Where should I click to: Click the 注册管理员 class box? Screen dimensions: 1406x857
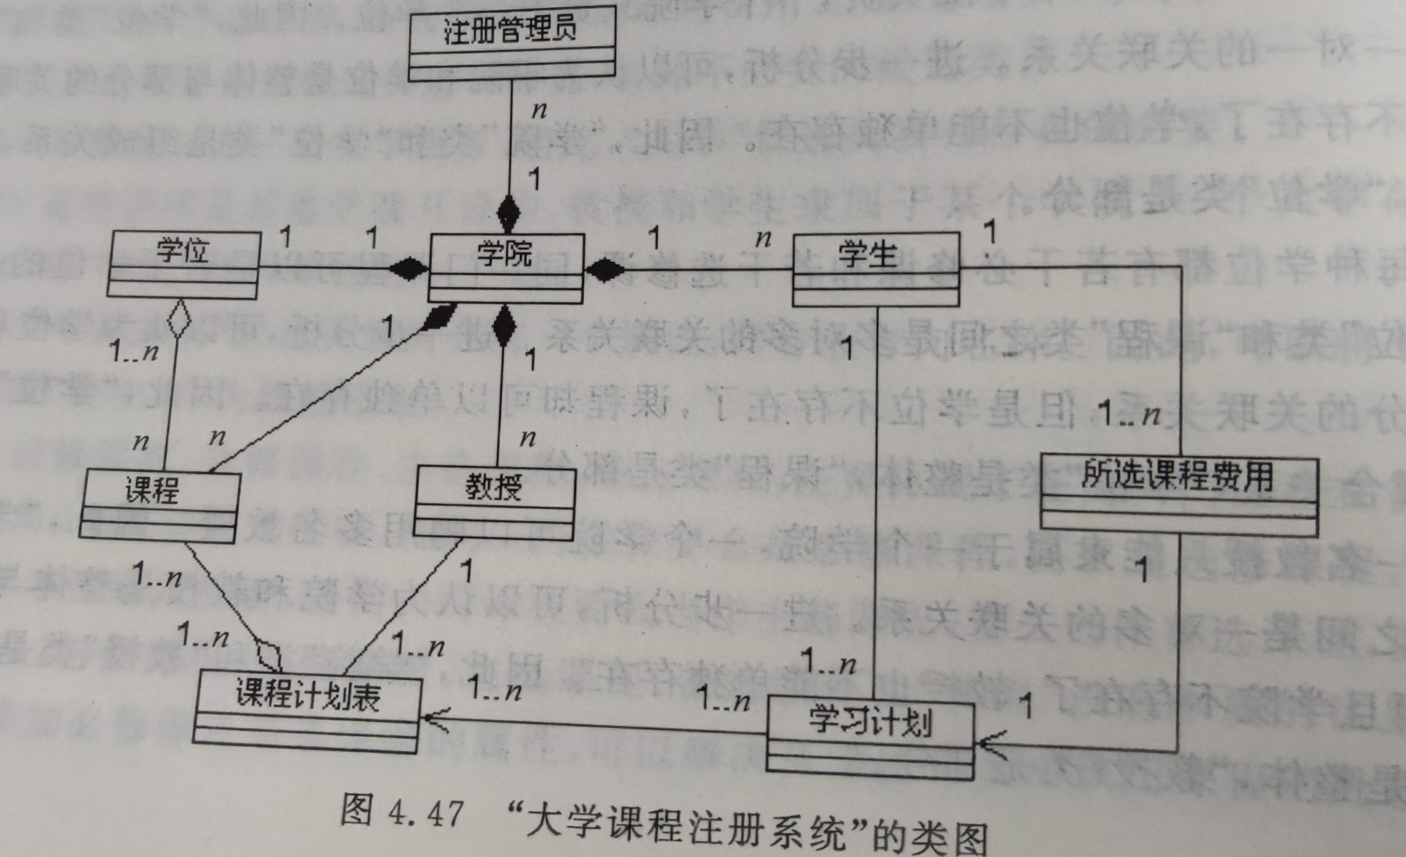512,43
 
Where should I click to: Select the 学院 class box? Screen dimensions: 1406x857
506,268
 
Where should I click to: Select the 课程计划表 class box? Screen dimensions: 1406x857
306,714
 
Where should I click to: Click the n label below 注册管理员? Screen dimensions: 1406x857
539,109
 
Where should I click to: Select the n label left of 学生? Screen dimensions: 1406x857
763,238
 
